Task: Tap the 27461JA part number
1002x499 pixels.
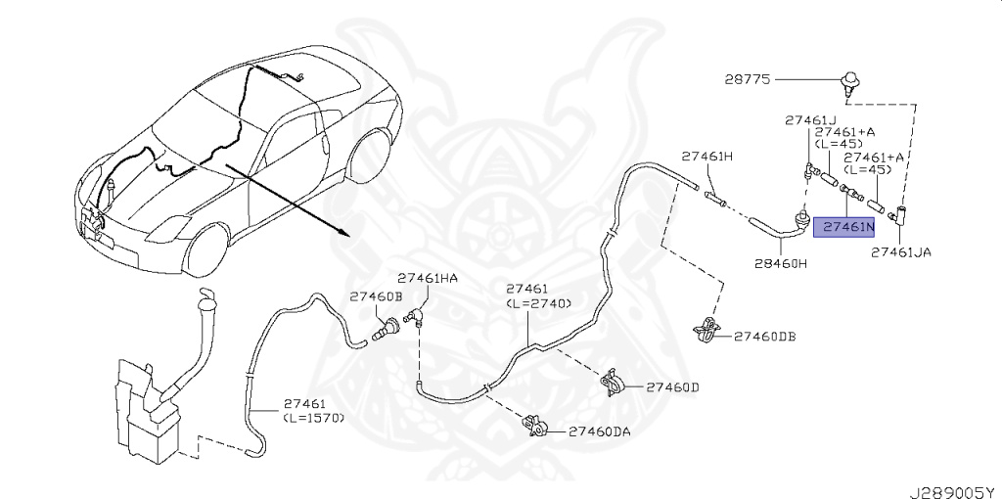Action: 900,251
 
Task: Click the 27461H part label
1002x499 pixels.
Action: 707,157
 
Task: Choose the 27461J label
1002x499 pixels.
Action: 810,120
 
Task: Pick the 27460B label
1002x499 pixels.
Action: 376,295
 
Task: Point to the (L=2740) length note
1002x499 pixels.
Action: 537,305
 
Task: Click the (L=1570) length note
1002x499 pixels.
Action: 314,418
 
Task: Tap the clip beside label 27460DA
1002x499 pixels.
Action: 536,426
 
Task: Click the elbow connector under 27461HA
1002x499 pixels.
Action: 415,315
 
